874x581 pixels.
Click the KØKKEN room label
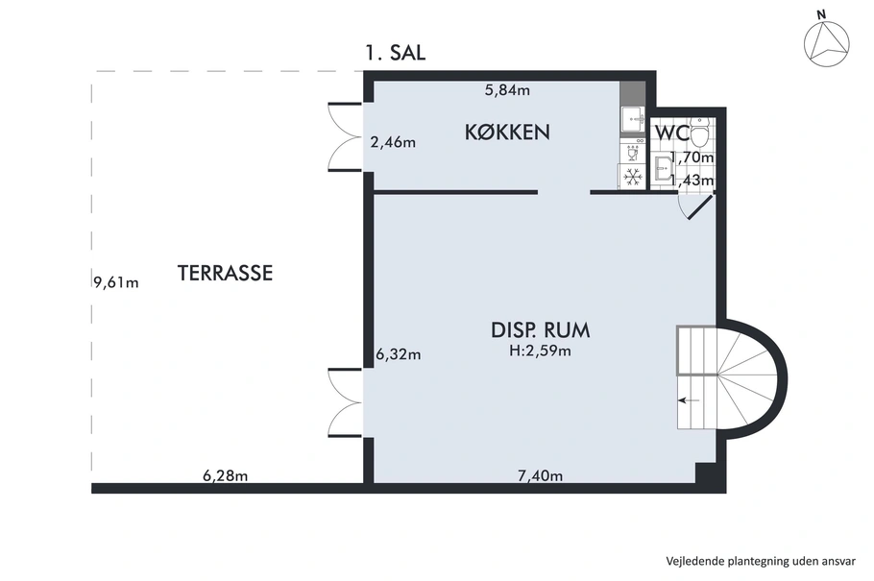coord(507,133)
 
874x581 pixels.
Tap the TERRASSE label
coord(225,274)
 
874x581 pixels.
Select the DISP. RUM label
coord(540,330)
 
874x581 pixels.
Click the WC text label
coord(672,133)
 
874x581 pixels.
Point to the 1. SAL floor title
coord(395,53)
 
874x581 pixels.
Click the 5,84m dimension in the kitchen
coord(507,90)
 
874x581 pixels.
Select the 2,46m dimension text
coord(393,143)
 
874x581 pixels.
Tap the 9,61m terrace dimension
coord(116,282)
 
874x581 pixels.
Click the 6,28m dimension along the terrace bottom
coord(225,475)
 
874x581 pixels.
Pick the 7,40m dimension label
coord(540,475)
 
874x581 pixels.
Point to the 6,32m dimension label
coord(399,354)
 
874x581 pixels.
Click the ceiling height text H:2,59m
coord(540,351)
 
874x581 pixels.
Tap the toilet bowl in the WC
coord(698,131)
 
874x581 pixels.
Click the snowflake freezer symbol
coord(632,177)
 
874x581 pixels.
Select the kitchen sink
coord(632,119)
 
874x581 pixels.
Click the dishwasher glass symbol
coord(632,152)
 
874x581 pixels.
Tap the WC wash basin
coord(662,168)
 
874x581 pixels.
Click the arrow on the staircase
coord(689,400)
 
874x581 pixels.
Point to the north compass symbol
coord(826,42)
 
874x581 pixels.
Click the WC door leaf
coord(701,206)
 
